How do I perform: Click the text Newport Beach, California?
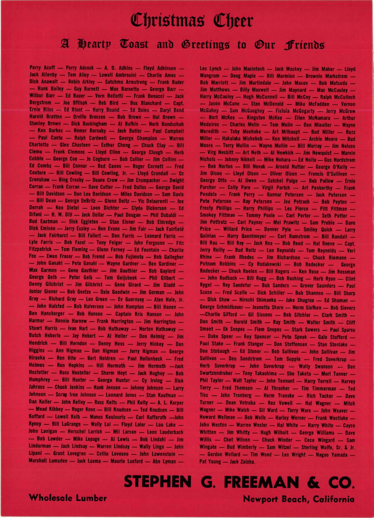click(299, 499)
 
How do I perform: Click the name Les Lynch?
click(211, 69)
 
